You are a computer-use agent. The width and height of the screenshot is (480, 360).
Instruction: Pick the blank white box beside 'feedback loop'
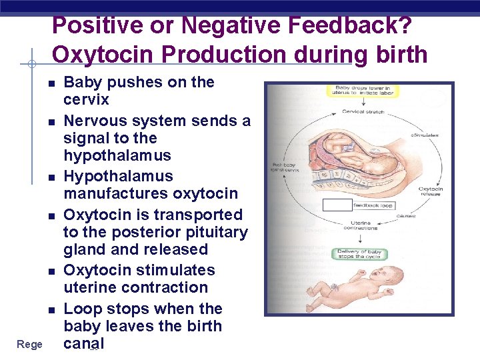[x=337, y=205]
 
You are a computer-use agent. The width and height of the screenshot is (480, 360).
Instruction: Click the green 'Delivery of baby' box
[x=358, y=254]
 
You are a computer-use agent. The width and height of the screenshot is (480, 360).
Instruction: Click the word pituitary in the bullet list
[x=218, y=232]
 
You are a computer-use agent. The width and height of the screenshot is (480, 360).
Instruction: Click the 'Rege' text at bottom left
[x=29, y=344]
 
